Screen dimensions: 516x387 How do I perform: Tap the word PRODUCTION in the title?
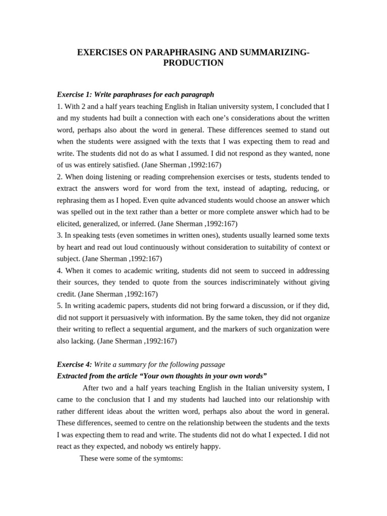pyautogui.click(x=193, y=63)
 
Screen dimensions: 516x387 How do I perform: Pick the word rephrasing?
pyautogui.click(x=74, y=200)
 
